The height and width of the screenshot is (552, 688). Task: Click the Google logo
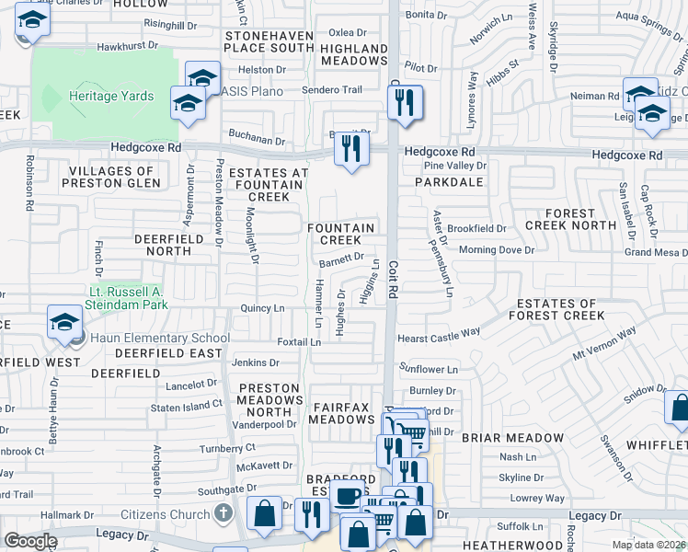pyautogui.click(x=29, y=541)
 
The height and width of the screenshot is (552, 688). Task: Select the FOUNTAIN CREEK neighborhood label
pyautogui.click(x=340, y=234)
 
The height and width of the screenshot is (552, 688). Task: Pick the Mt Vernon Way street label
pyautogui.click(x=604, y=345)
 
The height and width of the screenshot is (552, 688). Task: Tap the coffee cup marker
pyautogui.click(x=348, y=498)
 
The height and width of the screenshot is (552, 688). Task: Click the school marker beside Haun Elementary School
pyautogui.click(x=63, y=324)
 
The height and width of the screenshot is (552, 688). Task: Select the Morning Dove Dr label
pyautogui.click(x=496, y=250)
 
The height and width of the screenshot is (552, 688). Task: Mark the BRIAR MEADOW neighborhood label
pyautogui.click(x=512, y=438)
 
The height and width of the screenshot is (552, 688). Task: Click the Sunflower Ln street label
pyautogui.click(x=428, y=370)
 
